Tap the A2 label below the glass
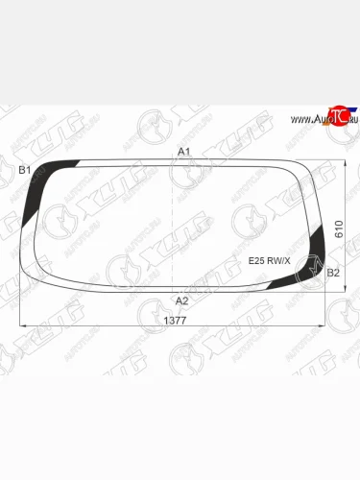(182, 300)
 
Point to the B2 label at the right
(333, 273)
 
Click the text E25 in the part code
(256, 259)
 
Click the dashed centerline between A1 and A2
(172, 226)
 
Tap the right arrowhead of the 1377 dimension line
(325, 326)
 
